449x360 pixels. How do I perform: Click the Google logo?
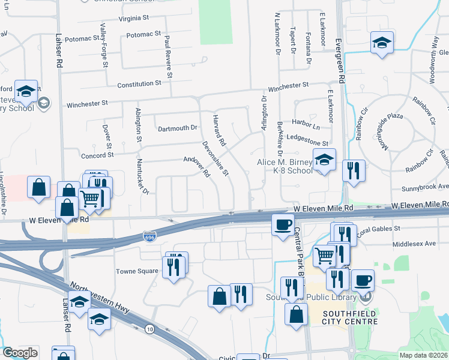click(x=20, y=353)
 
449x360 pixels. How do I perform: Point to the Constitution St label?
click(x=139, y=85)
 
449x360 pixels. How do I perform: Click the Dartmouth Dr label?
click(x=177, y=128)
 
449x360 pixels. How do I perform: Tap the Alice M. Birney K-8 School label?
click(x=285, y=166)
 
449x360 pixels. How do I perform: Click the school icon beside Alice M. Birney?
click(x=324, y=160)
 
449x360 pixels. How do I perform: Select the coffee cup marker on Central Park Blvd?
click(x=283, y=225)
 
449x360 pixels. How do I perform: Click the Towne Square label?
click(x=139, y=271)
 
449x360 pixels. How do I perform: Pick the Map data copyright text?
click(x=423, y=355)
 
